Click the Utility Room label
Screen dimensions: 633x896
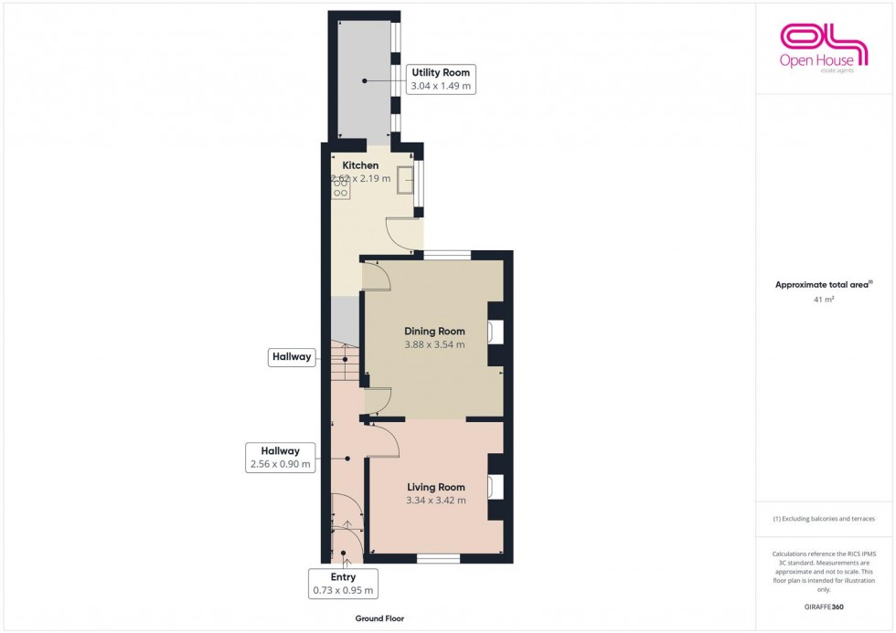[442, 72]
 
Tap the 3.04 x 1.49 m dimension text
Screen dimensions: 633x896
[442, 86]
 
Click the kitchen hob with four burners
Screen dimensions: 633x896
[340, 187]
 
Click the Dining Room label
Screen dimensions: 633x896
[434, 332]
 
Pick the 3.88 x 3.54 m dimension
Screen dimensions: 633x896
[434, 345]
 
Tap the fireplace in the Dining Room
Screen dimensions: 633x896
[496, 332]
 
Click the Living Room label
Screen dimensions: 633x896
[435, 487]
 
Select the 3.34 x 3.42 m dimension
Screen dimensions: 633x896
[435, 501]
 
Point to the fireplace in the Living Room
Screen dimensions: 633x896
[496, 487]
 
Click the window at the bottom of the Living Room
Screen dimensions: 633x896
[438, 557]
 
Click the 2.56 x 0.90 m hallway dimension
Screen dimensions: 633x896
[280, 464]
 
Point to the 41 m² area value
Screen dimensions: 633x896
[824, 299]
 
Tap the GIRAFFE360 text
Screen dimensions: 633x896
[824, 606]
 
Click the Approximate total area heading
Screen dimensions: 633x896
[824, 284]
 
